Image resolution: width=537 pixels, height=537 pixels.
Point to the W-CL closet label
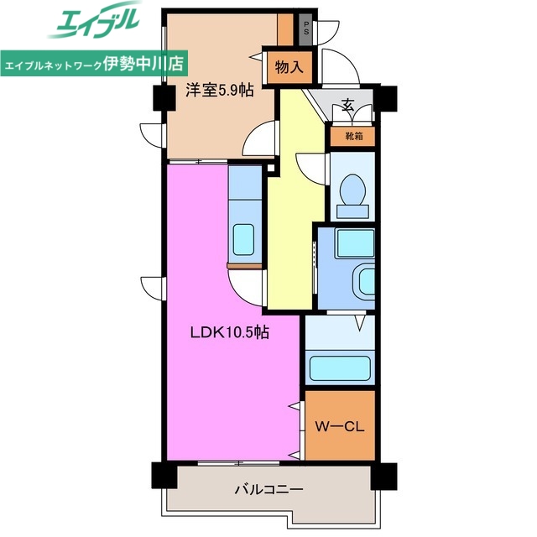(339, 425)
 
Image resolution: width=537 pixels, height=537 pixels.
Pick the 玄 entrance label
(347, 107)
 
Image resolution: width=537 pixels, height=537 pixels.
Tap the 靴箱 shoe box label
(352, 136)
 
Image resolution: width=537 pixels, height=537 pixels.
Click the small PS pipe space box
(307, 27)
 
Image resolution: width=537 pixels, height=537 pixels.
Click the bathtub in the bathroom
(339, 368)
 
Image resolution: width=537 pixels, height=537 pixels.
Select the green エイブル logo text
(94, 23)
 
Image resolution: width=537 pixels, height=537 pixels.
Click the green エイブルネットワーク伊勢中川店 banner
(95, 63)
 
